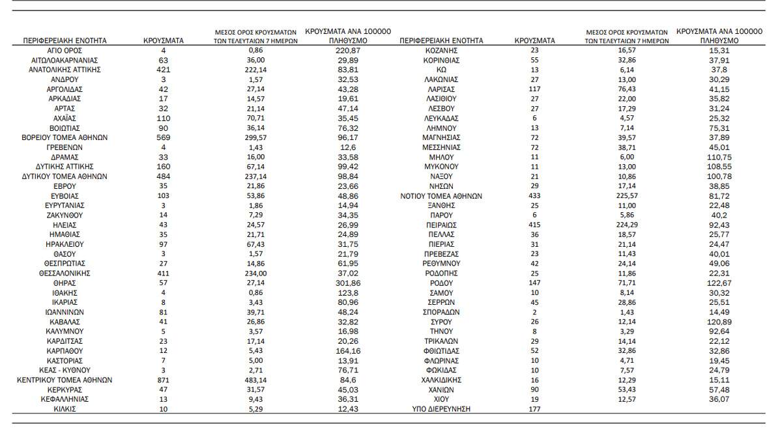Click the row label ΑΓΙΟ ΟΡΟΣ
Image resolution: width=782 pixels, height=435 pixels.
pyautogui.click(x=65, y=50)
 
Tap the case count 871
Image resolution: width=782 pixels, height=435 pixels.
pyautogui.click(x=163, y=380)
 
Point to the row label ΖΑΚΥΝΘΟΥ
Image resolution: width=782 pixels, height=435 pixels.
pyautogui.click(x=65, y=215)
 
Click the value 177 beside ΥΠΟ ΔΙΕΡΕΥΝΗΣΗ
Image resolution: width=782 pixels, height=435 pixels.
pyautogui.click(x=534, y=409)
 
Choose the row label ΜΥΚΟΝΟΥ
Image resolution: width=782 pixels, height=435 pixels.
pyautogui.click(x=441, y=167)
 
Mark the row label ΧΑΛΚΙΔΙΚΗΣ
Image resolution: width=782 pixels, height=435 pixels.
pyautogui.click(x=441, y=380)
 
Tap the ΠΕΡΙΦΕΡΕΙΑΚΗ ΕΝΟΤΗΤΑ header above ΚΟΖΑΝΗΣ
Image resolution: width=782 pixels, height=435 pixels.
pyautogui.click(x=441, y=40)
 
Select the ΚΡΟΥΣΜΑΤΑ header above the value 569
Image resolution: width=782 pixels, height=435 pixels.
pyautogui.click(x=163, y=40)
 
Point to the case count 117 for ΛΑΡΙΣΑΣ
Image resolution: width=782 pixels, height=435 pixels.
pyautogui.click(x=534, y=89)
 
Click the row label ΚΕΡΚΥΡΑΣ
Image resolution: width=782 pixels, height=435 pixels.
pyautogui.click(x=65, y=389)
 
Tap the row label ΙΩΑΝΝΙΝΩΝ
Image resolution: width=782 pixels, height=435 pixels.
pyautogui.click(x=65, y=312)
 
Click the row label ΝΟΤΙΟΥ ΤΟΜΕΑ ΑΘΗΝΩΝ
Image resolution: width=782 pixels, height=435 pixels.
pyautogui.click(x=441, y=196)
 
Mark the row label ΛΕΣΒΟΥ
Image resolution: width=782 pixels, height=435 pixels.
pyautogui.click(x=441, y=108)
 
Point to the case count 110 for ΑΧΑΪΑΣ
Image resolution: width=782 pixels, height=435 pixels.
pyautogui.click(x=163, y=119)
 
